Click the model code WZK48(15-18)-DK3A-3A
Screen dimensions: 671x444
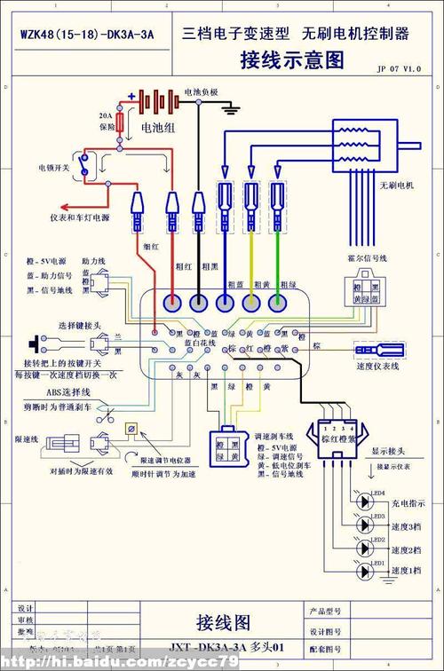coord(87,35)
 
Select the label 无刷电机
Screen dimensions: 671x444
coord(396,186)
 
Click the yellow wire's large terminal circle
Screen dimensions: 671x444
coord(252,302)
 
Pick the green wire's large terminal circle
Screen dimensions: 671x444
coord(280,302)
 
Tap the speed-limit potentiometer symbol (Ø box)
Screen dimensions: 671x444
coord(131,430)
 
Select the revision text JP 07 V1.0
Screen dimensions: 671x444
coord(399,68)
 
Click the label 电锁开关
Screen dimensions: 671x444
coord(54,167)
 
